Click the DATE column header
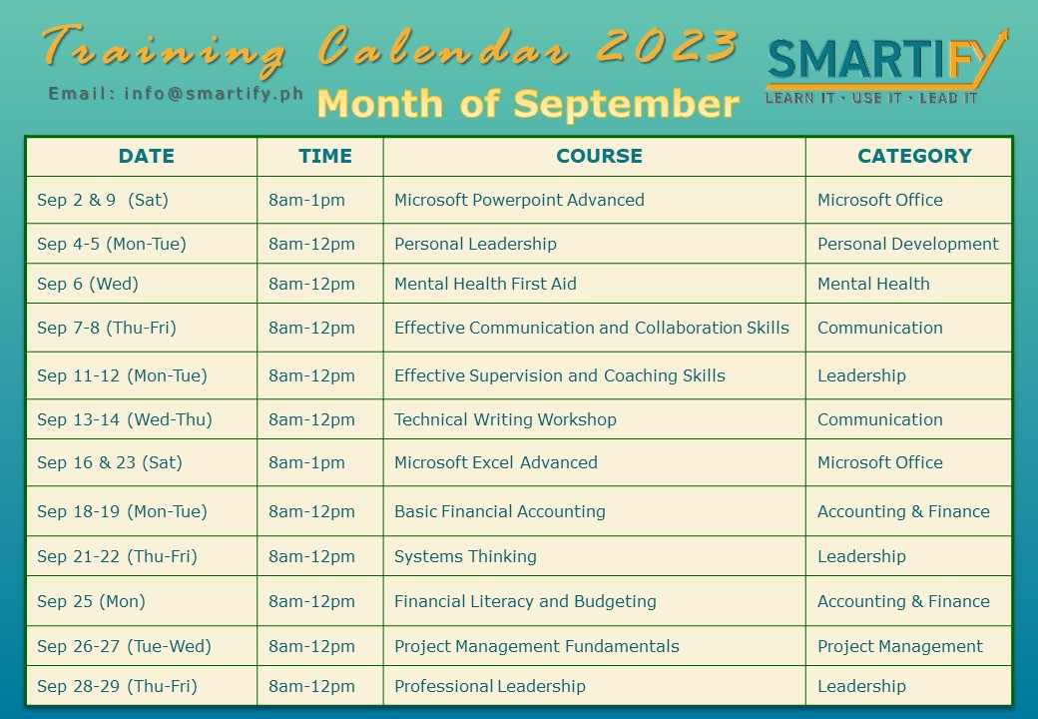pos(147,156)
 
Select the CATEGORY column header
pos(914,156)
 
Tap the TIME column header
pos(325,156)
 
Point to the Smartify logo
pos(885,67)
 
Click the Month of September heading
pos(528,104)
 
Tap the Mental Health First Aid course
pos(485,284)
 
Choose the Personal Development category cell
pos(907,245)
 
